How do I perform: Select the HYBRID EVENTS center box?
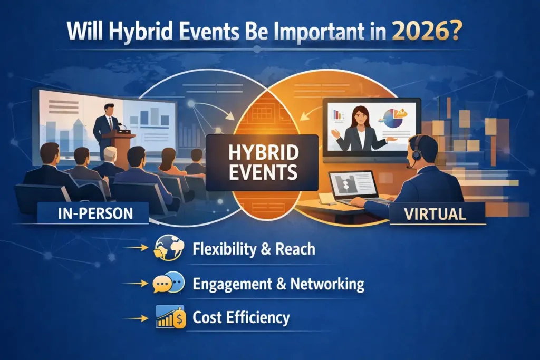pos(262,163)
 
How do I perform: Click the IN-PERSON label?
pos(95,213)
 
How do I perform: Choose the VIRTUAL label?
pos(435,214)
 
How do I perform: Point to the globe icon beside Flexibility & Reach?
pos(169,248)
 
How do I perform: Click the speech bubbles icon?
pos(169,283)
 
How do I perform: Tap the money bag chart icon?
pos(171,317)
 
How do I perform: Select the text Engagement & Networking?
pos(278,284)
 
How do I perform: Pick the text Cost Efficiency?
pos(241,317)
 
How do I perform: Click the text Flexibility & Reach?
pos(254,248)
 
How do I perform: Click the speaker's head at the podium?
pos(109,110)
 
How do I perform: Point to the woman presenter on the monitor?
pos(360,129)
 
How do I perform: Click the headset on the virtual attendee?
pos(416,150)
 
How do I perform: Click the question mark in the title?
pos(455,32)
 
